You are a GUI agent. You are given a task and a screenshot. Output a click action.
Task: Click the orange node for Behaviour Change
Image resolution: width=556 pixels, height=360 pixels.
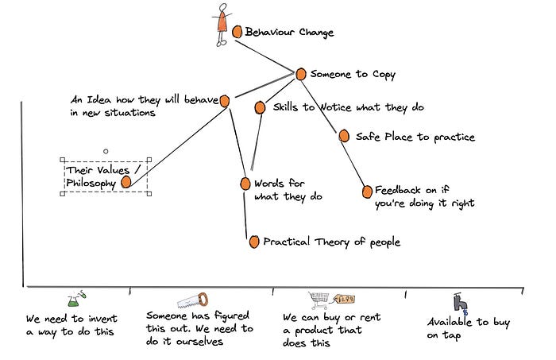237,32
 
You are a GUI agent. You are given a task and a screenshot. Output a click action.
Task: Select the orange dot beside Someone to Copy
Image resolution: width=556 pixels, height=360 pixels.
300,73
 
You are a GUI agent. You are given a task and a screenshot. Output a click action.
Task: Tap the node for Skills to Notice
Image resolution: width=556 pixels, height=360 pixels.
260,106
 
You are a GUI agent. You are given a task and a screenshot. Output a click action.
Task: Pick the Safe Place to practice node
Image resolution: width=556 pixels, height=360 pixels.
344,136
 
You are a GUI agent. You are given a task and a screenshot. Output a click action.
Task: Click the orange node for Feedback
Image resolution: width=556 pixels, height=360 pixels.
367,191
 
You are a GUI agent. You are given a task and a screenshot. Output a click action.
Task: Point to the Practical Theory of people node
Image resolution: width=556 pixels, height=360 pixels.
253,241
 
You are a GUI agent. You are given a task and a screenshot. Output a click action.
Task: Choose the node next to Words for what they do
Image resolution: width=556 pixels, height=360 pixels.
245,184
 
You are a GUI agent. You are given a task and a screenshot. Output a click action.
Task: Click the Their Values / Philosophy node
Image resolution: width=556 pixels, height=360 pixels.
125,182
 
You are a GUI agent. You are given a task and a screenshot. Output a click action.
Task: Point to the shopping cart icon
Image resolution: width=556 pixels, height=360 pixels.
319,300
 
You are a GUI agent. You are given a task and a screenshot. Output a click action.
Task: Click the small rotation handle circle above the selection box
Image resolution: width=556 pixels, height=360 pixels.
105,150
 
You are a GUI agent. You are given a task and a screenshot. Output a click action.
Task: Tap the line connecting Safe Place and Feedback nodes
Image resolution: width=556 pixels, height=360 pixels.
355,163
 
